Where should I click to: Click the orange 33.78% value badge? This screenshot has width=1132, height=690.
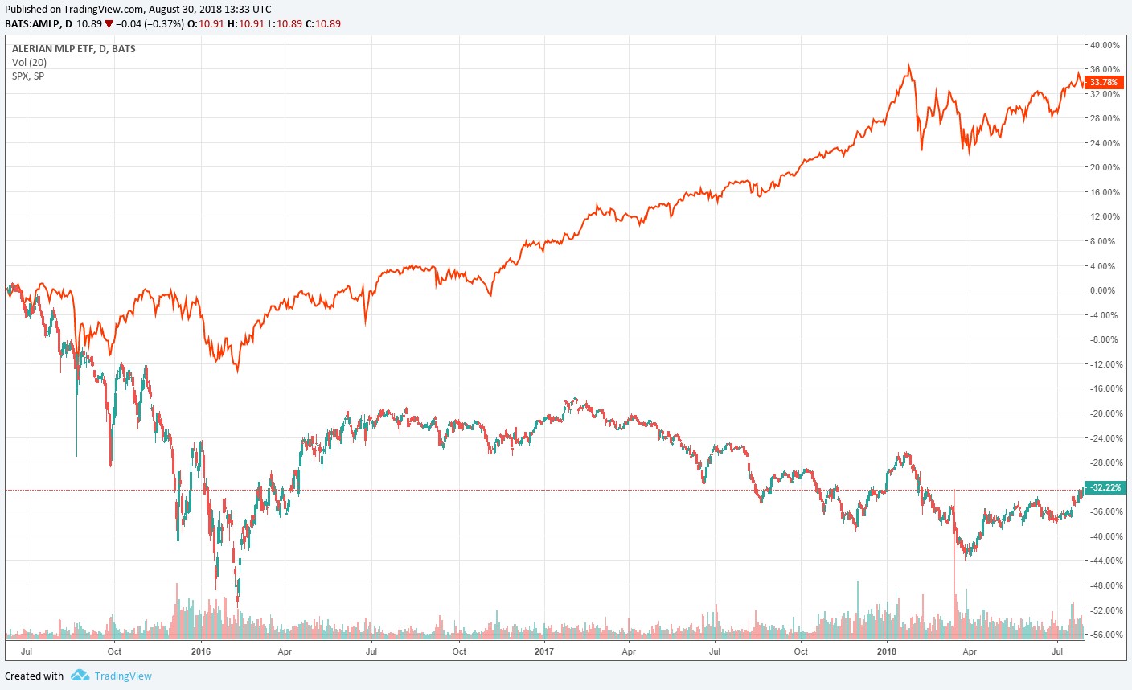[1103, 82]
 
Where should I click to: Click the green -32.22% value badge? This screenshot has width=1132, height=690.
[1106, 487]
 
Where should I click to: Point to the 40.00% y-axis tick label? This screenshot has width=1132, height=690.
[1105, 45]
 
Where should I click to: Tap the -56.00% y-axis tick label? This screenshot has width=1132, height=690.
[1104, 635]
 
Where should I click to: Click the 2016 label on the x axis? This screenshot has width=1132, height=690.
[201, 651]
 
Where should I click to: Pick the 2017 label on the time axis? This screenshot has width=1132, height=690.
[544, 651]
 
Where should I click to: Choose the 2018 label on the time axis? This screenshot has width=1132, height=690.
[887, 651]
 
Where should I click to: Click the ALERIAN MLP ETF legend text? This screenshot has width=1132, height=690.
[74, 49]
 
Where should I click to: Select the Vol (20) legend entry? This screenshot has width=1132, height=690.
[30, 63]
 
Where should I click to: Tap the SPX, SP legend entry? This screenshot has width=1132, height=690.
[28, 76]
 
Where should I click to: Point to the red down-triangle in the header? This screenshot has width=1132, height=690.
[109, 24]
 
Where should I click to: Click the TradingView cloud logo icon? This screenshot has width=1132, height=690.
[80, 676]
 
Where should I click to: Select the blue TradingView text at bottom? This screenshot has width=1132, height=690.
[123, 676]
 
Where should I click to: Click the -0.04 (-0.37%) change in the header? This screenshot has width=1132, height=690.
[150, 24]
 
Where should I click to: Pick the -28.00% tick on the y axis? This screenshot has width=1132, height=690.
[1104, 462]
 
